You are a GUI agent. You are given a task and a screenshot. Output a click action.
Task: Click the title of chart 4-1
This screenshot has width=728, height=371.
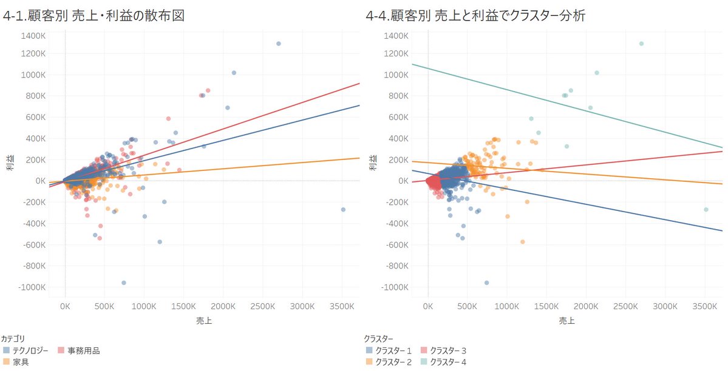(x=94, y=16)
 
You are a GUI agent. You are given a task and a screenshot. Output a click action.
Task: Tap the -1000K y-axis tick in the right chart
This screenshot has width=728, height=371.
(x=396, y=287)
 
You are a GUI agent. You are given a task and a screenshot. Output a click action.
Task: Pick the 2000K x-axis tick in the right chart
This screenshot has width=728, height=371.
(x=587, y=307)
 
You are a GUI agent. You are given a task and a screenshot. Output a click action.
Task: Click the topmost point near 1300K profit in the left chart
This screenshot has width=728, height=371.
(x=279, y=44)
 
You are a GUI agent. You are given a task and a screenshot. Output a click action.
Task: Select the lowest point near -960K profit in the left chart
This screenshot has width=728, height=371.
(x=123, y=282)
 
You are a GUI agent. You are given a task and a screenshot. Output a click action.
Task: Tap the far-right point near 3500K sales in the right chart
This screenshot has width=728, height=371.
(x=706, y=209)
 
